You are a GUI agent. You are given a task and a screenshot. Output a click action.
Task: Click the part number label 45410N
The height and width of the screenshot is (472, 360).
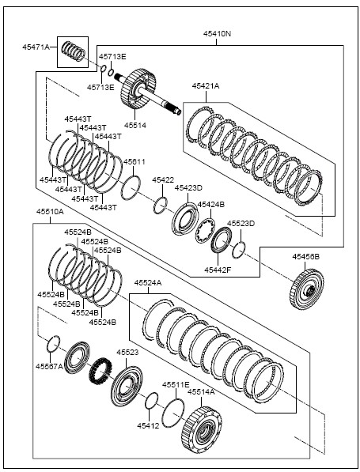[217, 34]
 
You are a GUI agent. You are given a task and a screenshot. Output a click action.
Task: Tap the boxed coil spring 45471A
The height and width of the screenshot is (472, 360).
[73, 51]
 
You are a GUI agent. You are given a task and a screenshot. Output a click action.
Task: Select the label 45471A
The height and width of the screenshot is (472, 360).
[36, 47]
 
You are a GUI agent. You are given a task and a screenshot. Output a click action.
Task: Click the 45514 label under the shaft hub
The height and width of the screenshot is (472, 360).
[135, 125]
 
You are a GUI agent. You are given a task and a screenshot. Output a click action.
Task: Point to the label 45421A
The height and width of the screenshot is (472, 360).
[206, 86]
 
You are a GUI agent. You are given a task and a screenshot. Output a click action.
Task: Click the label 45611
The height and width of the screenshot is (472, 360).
[135, 161]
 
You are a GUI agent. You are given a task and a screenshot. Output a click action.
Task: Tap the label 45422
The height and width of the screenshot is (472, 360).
[163, 180]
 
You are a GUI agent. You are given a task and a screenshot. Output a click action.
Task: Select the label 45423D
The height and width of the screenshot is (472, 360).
[188, 188]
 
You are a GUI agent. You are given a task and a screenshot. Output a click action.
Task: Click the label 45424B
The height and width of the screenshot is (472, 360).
[211, 205]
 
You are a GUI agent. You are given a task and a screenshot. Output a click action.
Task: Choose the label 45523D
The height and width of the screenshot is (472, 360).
[241, 224]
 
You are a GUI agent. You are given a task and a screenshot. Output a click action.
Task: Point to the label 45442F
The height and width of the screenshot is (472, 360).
[218, 270]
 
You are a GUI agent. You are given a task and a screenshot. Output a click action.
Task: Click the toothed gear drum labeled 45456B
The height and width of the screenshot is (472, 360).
[307, 289]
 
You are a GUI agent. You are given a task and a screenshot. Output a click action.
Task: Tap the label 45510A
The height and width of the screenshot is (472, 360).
[50, 212]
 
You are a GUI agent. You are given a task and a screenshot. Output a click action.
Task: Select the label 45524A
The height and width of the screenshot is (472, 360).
[148, 283]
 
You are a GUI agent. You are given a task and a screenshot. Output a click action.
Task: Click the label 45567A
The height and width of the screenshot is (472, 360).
[49, 366]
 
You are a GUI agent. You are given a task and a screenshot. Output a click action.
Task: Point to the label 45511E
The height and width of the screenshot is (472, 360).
[176, 385]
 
